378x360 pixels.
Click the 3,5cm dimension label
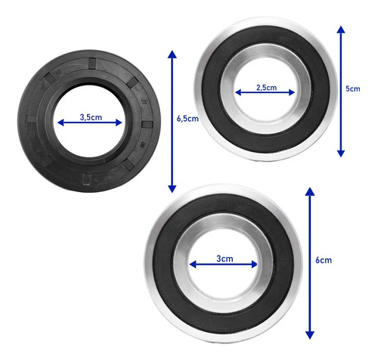pyautogui.click(x=91, y=117)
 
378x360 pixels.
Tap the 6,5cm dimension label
pyautogui.click(x=187, y=119)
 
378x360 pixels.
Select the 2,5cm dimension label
pyautogui.click(x=266, y=88)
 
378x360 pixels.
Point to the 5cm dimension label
pyautogui.click(x=353, y=88)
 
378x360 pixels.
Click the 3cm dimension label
pyautogui.click(x=225, y=259)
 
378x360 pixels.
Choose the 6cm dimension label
pyautogui.click(x=324, y=260)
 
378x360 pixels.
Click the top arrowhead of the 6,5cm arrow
pyautogui.click(x=172, y=54)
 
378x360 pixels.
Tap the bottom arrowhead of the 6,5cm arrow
pyautogui.click(x=172, y=188)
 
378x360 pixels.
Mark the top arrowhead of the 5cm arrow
pyautogui.click(x=341, y=29)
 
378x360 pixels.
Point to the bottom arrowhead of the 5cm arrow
pyautogui.click(x=341, y=154)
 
